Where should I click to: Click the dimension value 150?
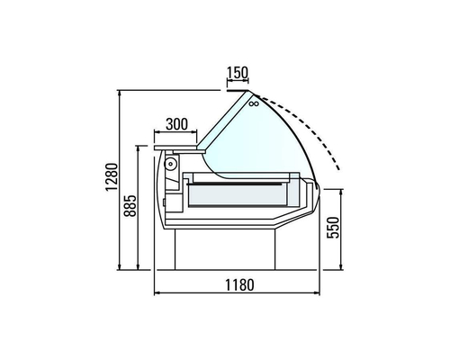point(238,73)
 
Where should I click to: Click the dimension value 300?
point(177,123)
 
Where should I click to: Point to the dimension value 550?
point(332,229)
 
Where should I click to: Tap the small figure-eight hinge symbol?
point(253,105)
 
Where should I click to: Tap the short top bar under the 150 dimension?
point(238,90)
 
